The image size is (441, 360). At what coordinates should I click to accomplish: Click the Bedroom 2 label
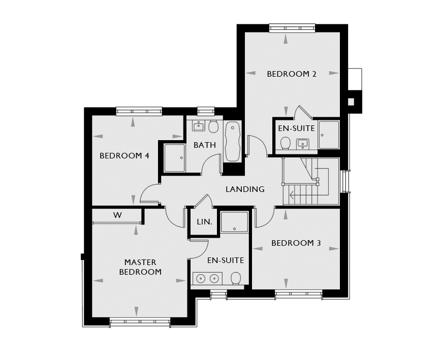tap(292, 74)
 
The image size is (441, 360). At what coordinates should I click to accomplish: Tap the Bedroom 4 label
tap(124, 156)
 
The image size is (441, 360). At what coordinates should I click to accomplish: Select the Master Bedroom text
tap(140, 267)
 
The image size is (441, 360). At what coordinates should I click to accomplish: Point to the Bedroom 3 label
tap(296, 243)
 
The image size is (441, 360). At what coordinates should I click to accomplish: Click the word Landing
tap(245, 189)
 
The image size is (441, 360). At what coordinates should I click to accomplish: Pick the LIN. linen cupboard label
tap(204, 222)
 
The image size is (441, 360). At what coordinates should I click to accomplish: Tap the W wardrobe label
tap(117, 215)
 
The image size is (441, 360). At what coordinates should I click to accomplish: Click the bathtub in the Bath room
tap(233, 141)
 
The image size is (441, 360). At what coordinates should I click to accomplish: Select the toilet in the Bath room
tap(213, 127)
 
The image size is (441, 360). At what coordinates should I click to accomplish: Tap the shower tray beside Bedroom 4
tap(174, 157)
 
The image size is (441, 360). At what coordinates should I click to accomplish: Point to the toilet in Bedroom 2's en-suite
tap(286, 143)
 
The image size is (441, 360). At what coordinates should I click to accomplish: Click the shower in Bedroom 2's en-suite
tap(329, 135)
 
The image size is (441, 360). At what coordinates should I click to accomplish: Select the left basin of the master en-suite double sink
tap(201, 279)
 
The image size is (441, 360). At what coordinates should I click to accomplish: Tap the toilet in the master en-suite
tap(236, 279)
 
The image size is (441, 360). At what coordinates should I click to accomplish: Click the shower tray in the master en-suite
tap(235, 222)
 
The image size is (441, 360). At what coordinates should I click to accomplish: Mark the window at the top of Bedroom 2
tap(292, 28)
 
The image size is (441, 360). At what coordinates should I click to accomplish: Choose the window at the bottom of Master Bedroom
tap(140, 322)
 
